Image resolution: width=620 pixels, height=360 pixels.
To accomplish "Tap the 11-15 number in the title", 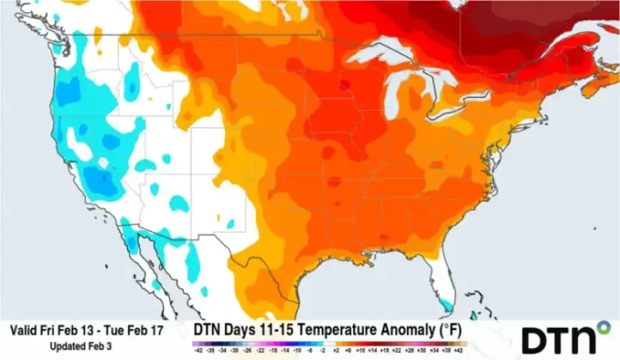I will (286, 330).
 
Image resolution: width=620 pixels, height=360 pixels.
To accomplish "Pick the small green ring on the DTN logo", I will (604, 327).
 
